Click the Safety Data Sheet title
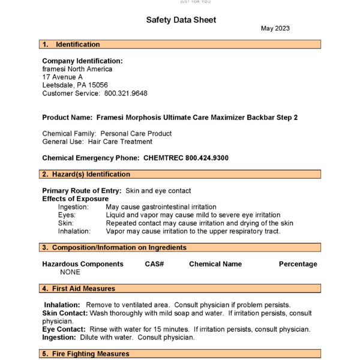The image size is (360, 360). pos(181,20)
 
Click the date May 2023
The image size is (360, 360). pos(276,28)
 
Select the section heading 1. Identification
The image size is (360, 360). pos(71,44)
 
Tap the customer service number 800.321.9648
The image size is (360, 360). pos(126,94)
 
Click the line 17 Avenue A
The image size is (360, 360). pos(62,77)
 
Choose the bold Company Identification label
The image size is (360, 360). pos(82,61)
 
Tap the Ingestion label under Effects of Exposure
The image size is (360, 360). pos(73,206)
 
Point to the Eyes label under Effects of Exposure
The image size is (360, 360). pos(67,215)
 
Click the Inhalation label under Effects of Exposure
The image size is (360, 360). pos(74,231)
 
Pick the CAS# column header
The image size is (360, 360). pos(154,264)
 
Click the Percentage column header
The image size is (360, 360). pos(298,264)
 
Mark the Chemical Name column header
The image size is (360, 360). pos(215,264)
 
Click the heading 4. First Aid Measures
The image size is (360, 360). pos(79,289)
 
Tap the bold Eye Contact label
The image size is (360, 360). pos(64,329)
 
